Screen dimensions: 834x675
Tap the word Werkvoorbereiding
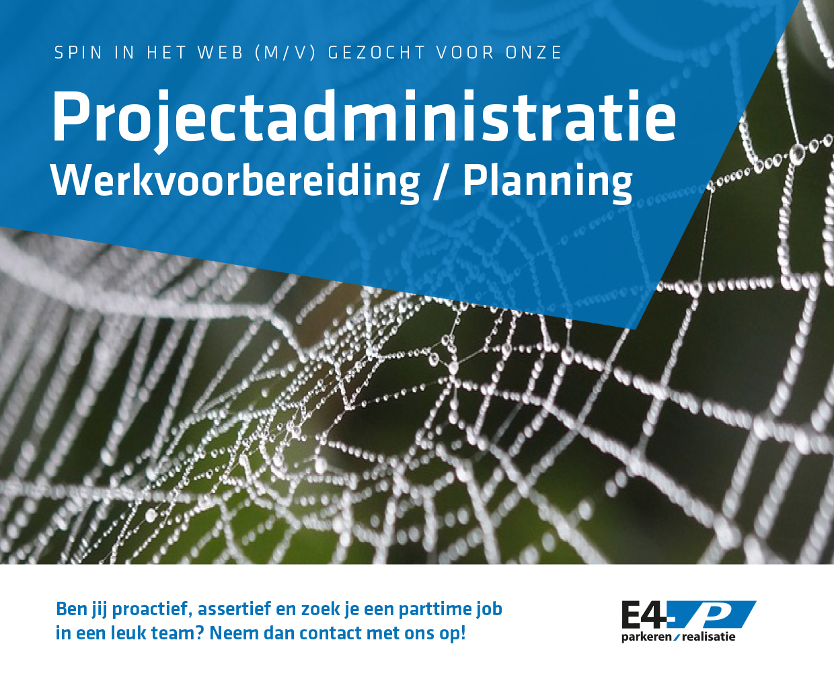click(x=235, y=182)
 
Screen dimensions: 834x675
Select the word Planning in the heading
click(x=547, y=182)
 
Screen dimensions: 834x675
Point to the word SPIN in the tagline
click(x=78, y=53)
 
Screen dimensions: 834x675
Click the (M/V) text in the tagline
click(x=285, y=53)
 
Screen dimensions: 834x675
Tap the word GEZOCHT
click(x=377, y=53)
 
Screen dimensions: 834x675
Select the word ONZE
click(x=533, y=53)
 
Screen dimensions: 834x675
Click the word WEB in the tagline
click(x=221, y=53)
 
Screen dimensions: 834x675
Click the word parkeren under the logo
click(x=646, y=637)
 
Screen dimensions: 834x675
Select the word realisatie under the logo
click(x=708, y=637)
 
